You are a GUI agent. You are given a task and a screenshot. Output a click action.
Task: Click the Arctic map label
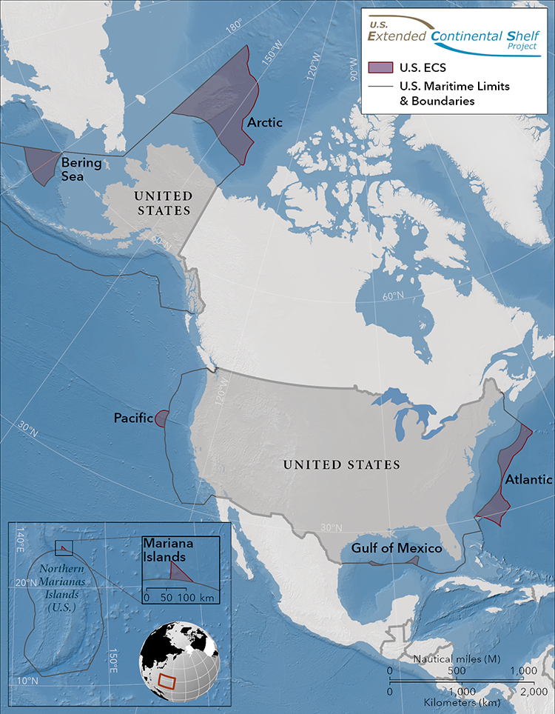[x=265, y=122]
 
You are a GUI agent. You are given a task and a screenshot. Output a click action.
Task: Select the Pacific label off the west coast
[x=133, y=418]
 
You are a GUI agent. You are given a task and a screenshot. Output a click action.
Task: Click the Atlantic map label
[x=528, y=479]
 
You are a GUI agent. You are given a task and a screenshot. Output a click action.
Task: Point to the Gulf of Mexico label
[x=397, y=548]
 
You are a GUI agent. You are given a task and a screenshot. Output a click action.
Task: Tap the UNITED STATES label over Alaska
[x=162, y=203]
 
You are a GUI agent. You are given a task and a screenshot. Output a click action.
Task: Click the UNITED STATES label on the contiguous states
[x=342, y=464]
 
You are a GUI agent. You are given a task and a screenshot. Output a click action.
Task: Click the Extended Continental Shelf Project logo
[x=454, y=33]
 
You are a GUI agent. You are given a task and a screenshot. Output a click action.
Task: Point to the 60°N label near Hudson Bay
[x=393, y=296]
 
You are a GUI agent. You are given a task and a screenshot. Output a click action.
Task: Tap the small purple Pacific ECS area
[x=161, y=418]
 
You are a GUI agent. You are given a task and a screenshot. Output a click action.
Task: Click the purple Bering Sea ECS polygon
[x=42, y=164]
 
